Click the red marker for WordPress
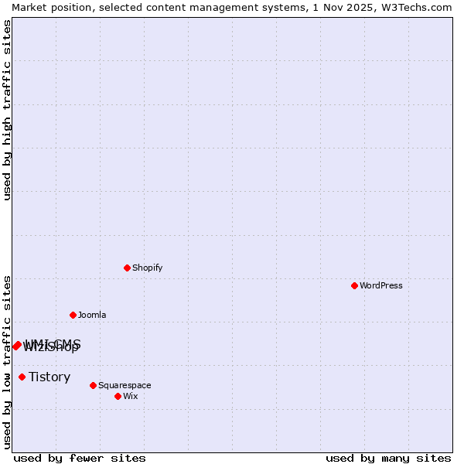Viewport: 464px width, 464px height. [354, 285]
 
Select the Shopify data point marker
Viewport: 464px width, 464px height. [127, 268]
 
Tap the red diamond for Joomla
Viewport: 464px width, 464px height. [73, 315]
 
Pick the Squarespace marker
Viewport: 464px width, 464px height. [93, 385]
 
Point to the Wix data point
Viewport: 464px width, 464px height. [118, 396]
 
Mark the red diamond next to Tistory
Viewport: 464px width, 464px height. [22, 377]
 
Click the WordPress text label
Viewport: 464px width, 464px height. [381, 285]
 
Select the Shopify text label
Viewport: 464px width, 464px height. [147, 268]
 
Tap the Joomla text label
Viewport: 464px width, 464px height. [92, 315]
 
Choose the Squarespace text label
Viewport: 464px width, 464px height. [125, 385]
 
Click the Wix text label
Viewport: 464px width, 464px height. [130, 396]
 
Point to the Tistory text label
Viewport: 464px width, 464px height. [49, 377]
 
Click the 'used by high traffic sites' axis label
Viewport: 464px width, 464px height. [7, 110]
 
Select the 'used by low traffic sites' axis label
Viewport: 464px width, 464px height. [7, 362]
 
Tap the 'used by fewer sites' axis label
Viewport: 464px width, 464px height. [80, 458]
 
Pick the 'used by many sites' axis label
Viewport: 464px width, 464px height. [388, 458]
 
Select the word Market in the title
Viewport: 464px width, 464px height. [31, 7]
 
